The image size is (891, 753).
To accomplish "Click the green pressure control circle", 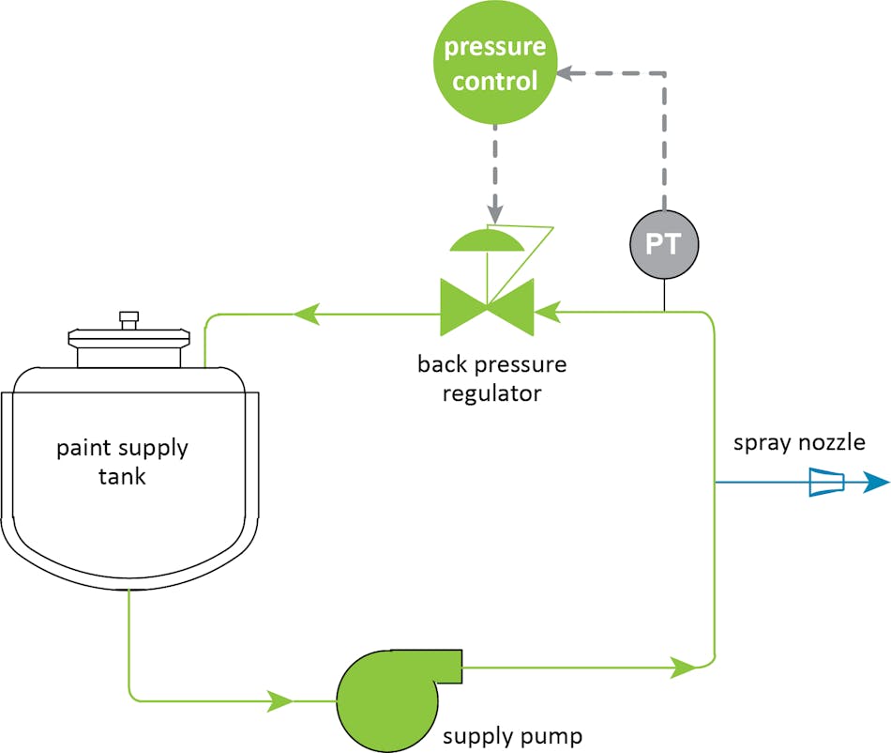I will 494,63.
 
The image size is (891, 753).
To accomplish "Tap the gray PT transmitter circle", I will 664,245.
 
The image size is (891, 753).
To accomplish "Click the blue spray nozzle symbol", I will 825,483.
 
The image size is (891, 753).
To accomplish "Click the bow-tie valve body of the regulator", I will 487,306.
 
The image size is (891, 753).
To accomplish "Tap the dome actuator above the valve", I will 487,240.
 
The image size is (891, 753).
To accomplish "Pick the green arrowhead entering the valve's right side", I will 548,306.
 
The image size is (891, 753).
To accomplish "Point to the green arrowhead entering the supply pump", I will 280,700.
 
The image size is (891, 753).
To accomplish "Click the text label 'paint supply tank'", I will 123,461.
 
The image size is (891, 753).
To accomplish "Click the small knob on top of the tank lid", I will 128,318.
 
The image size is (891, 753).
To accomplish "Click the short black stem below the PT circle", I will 664,294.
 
